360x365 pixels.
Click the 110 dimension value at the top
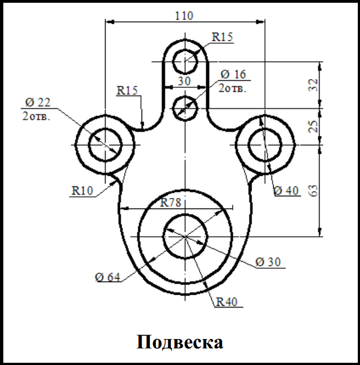[184, 15]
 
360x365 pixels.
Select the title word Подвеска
[180, 341]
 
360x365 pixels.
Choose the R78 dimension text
[171, 202]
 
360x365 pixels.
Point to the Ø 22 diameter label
[38, 102]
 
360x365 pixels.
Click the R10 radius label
[81, 191]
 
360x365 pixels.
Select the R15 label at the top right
[222, 38]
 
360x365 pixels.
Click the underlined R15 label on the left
[127, 91]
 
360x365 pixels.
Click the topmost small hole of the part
[185, 61]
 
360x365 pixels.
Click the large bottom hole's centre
[185, 236]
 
